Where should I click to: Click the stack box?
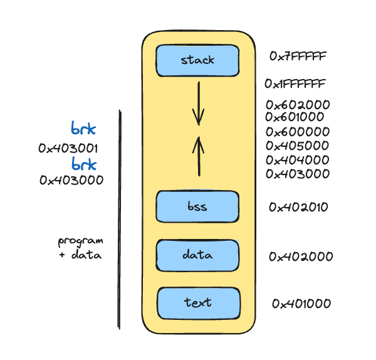point(197,60)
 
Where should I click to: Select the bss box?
point(197,206)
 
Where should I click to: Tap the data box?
point(197,255)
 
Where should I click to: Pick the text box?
point(198,302)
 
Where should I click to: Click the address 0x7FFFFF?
point(298,56)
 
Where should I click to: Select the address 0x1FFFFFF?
point(295,83)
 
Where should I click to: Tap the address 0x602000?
point(297,105)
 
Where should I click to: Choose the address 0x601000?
point(295,117)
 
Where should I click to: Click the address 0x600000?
point(298,132)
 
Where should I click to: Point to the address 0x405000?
point(298,146)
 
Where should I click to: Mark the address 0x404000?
point(298,160)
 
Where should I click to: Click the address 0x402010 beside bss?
point(299,206)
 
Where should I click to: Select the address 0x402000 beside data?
point(301,256)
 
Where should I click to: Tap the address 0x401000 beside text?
point(301,304)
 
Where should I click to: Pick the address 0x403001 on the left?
point(68,149)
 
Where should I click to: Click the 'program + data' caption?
point(80,248)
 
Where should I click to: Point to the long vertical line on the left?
point(119,220)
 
